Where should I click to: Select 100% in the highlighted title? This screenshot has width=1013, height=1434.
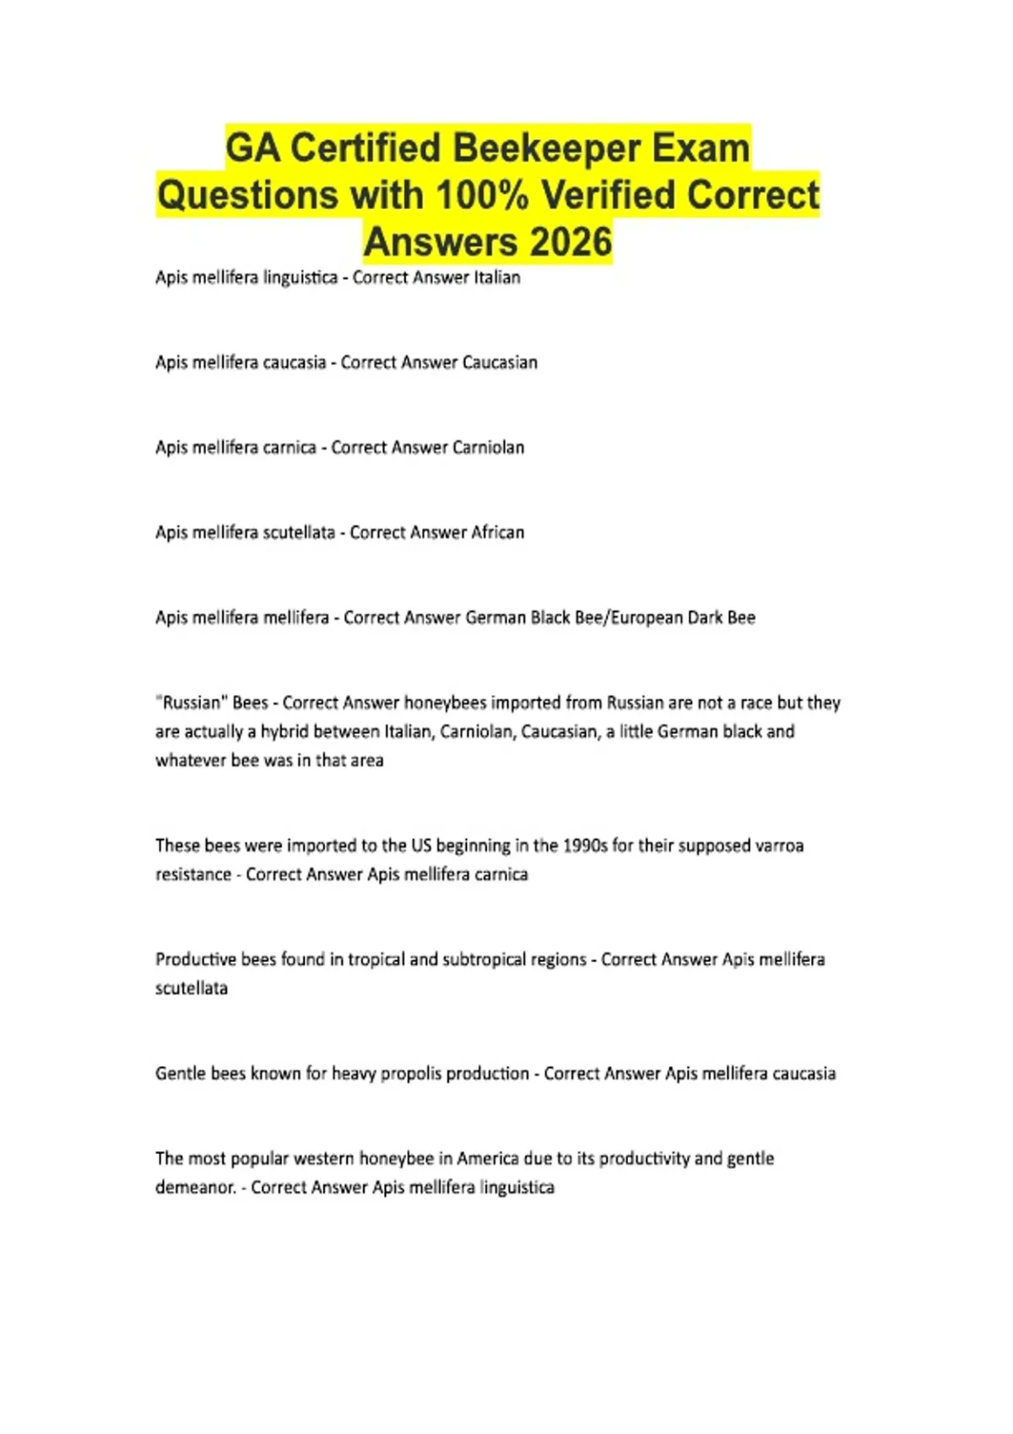482,196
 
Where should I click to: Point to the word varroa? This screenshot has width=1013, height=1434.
777,845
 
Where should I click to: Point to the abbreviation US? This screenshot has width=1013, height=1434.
421,845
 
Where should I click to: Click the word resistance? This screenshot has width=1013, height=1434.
193,875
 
